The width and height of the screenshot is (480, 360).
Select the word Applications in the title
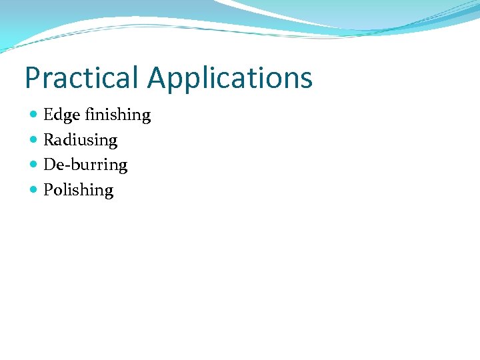(x=230, y=79)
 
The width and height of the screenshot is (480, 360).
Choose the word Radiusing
(x=80, y=141)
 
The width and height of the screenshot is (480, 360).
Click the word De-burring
(x=85, y=165)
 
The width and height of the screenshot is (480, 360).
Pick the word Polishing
(x=78, y=191)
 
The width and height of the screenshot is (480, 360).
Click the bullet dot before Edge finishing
(x=34, y=115)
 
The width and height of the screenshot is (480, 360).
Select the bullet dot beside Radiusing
(x=34, y=139)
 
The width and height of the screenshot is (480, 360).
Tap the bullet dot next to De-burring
(x=34, y=164)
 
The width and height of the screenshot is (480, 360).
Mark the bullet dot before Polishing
(x=34, y=189)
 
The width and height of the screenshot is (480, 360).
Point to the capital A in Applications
(x=158, y=77)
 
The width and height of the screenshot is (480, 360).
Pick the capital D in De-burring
(x=49, y=165)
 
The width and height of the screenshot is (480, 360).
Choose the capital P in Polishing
(x=49, y=190)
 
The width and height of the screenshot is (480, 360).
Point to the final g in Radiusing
(x=113, y=143)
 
